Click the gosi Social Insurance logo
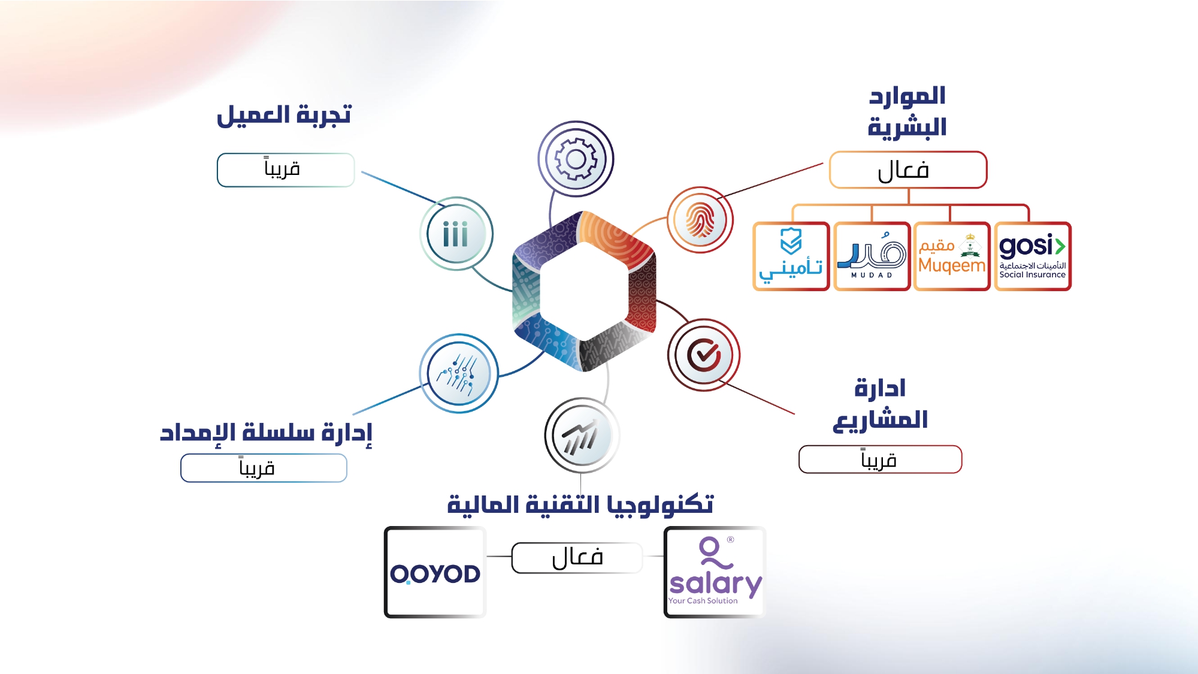[x=1033, y=256]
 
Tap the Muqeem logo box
[x=952, y=256]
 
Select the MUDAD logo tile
[x=872, y=256]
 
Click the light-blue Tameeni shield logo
[x=791, y=256]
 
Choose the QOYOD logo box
[x=435, y=572]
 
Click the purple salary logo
[x=715, y=572]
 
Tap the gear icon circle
[x=576, y=159]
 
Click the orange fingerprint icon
[x=700, y=220]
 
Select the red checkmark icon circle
[x=704, y=355]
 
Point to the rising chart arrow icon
[x=582, y=436]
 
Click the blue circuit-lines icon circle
[x=459, y=373]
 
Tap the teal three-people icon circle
[x=456, y=234]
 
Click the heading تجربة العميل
[x=284, y=115]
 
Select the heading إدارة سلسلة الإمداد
[x=266, y=432]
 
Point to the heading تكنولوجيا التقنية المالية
[x=580, y=504]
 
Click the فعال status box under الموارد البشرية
[x=908, y=170]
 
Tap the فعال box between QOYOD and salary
[x=577, y=558]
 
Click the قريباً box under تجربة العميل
[x=286, y=170]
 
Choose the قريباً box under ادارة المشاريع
[x=880, y=460]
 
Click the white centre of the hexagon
[x=584, y=292]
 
